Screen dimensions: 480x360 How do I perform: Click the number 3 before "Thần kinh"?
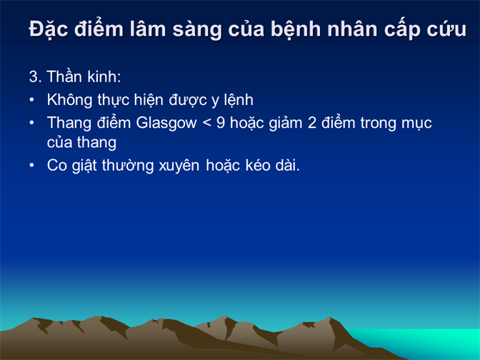pos(34,76)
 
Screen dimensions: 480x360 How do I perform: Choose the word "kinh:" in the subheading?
pos(104,76)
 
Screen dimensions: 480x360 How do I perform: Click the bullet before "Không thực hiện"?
pos(32,99)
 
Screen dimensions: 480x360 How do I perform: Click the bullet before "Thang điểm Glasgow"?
pos(32,123)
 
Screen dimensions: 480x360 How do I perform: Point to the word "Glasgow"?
pos(166,124)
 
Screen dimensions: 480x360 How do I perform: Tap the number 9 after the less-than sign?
pos(221,123)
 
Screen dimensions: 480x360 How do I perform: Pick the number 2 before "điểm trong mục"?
pos(312,123)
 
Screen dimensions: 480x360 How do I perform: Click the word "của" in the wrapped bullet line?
pos(60,142)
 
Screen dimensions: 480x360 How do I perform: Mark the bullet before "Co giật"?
pos(32,165)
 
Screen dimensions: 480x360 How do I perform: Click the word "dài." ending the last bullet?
pos(287,166)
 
